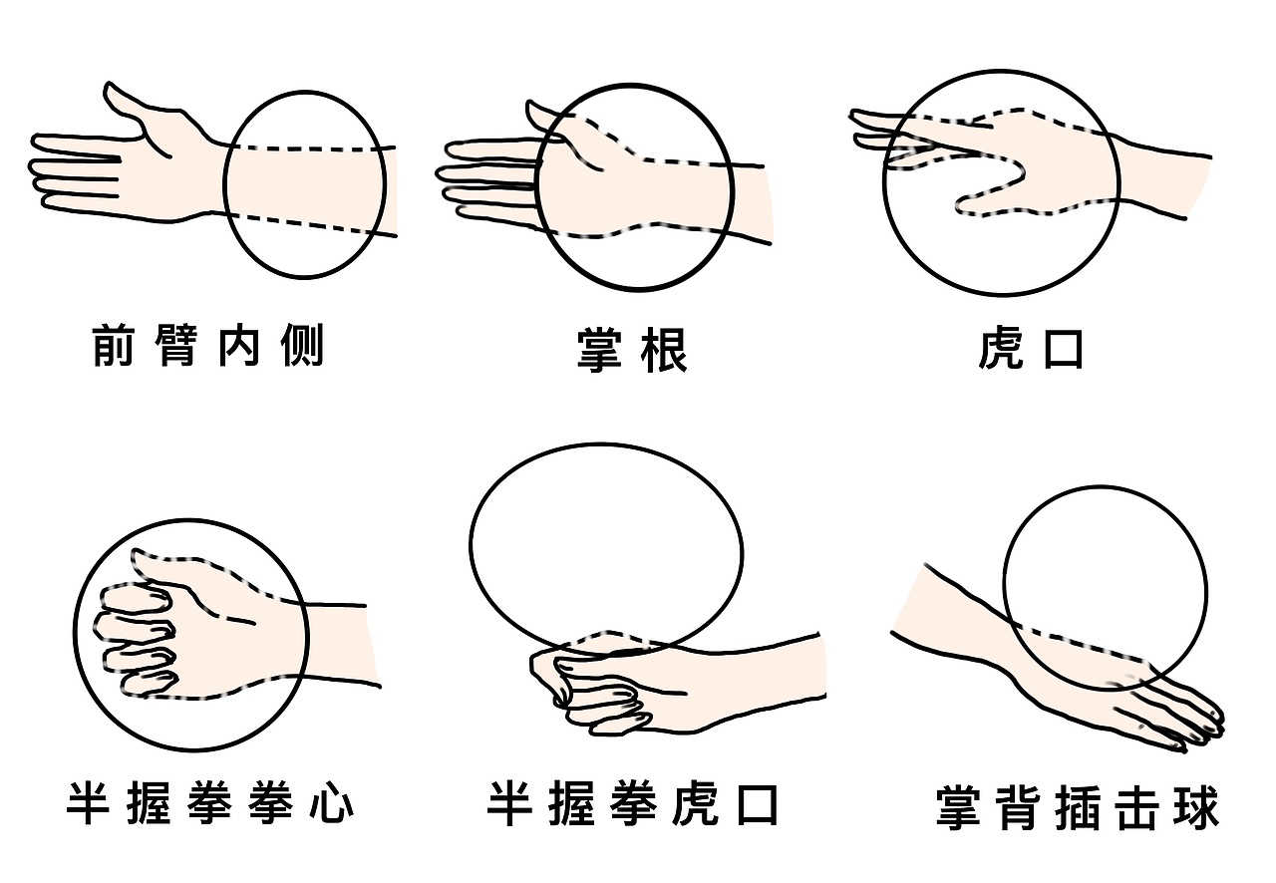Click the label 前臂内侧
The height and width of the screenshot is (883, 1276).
coord(207,346)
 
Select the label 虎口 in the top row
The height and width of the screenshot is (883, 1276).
coord(1030,350)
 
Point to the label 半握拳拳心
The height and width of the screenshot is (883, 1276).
coord(210,803)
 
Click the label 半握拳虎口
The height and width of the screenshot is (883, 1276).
coord(633,803)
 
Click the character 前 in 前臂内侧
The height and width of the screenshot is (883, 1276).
coord(113,346)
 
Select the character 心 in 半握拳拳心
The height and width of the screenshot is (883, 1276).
coord(333,803)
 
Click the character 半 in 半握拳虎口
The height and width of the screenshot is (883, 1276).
coord(509,803)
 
